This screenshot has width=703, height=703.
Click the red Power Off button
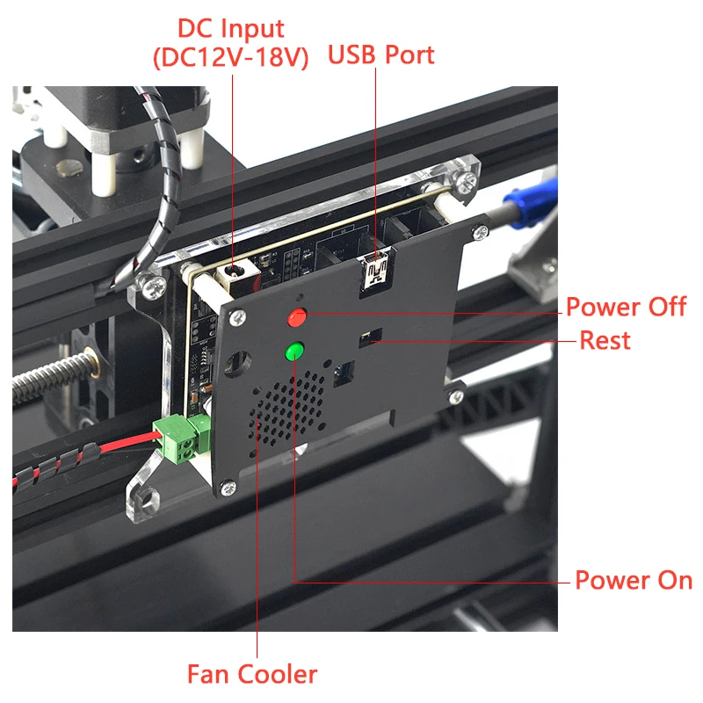pyautogui.click(x=298, y=316)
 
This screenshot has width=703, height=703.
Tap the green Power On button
pyautogui.click(x=294, y=351)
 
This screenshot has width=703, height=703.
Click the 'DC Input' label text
pyautogui.click(x=231, y=28)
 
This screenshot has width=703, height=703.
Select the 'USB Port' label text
pyautogui.click(x=381, y=54)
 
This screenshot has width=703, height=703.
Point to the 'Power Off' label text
pyautogui.click(x=626, y=307)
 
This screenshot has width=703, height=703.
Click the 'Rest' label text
pyautogui.click(x=605, y=340)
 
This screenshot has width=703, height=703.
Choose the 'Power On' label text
pyautogui.click(x=633, y=580)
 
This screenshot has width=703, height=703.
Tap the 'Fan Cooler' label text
pyautogui.click(x=252, y=674)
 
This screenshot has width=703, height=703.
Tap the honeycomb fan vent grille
pyautogui.click(x=289, y=408)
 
